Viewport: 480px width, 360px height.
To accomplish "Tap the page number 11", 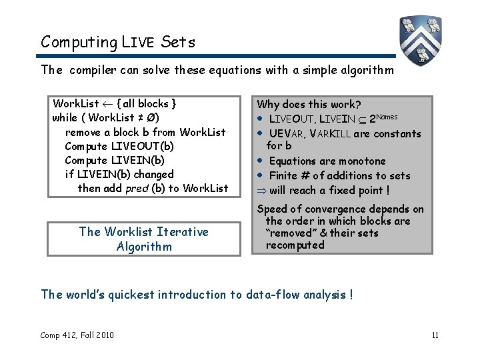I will click(435, 335).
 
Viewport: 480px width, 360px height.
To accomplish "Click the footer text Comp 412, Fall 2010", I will click(77, 335).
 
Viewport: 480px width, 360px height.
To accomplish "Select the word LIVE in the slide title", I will click(139, 43).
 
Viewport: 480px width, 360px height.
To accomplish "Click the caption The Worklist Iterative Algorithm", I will click(143, 239).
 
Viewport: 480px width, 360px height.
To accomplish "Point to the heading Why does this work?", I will click(309, 105).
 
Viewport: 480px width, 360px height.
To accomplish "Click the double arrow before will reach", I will click(261, 190).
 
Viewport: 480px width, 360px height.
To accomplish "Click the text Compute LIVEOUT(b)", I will click(119, 147).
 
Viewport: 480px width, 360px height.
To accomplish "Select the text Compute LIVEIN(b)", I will click(114, 161).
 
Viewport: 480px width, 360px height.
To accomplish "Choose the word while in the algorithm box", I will click(65, 118).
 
